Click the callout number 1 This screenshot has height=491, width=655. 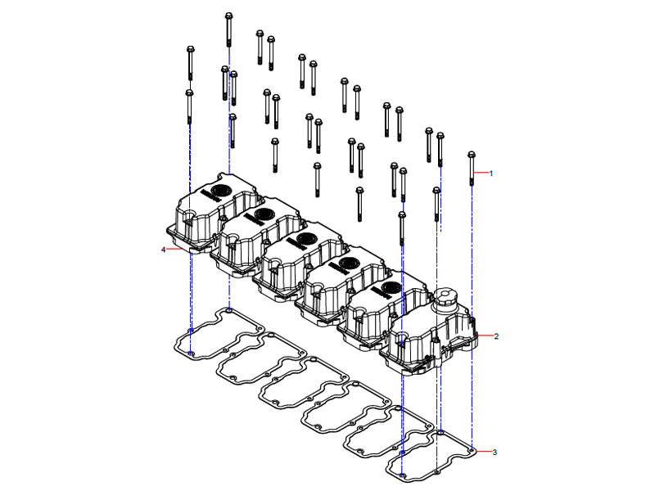tap(491, 173)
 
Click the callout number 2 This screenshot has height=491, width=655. tap(496, 336)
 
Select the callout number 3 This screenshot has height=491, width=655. tap(494, 452)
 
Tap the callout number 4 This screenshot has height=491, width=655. tap(164, 249)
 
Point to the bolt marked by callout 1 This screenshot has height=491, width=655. tap(472, 168)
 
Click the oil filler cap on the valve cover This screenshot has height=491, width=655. tap(447, 298)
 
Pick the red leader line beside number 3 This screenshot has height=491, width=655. tap(483, 452)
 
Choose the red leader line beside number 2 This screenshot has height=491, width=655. tap(484, 336)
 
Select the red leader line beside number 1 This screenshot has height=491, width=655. tap(481, 173)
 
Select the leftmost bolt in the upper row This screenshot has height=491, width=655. tap(190, 61)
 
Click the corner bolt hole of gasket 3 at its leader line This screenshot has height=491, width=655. tap(473, 448)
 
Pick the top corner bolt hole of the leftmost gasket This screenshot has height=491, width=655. tap(229, 310)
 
